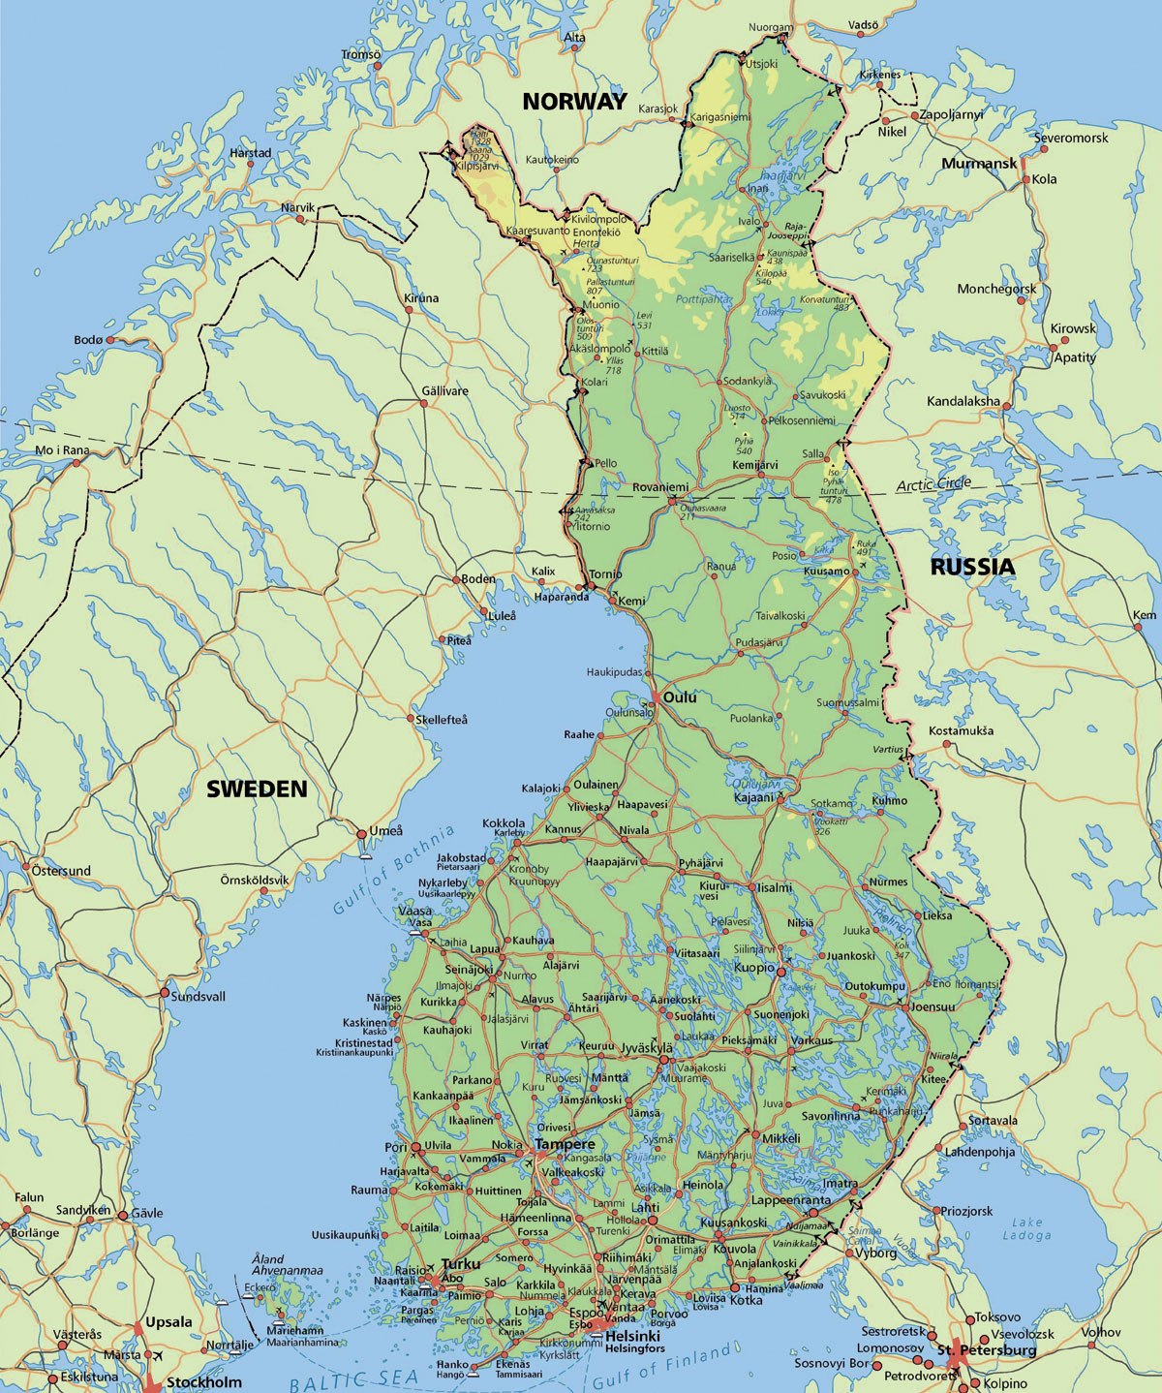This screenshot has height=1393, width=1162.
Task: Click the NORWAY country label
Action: coord(574,101)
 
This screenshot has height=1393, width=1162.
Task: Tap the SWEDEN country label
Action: coord(257,789)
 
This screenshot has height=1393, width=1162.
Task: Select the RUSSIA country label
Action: coord(972,567)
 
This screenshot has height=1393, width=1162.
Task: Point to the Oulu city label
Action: coord(680,697)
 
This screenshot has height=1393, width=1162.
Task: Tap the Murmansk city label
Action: coord(979,164)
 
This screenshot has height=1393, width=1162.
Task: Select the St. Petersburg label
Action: coord(987,1349)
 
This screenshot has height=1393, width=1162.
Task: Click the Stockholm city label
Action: coord(204,1382)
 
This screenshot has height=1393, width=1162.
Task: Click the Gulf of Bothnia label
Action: coord(393,871)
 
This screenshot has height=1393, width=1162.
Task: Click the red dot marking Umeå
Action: coord(362,833)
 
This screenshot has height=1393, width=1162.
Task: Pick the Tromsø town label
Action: coord(360,54)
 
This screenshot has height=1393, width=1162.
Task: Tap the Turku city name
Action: coord(460,1264)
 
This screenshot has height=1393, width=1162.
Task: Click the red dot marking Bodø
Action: coord(110,340)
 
